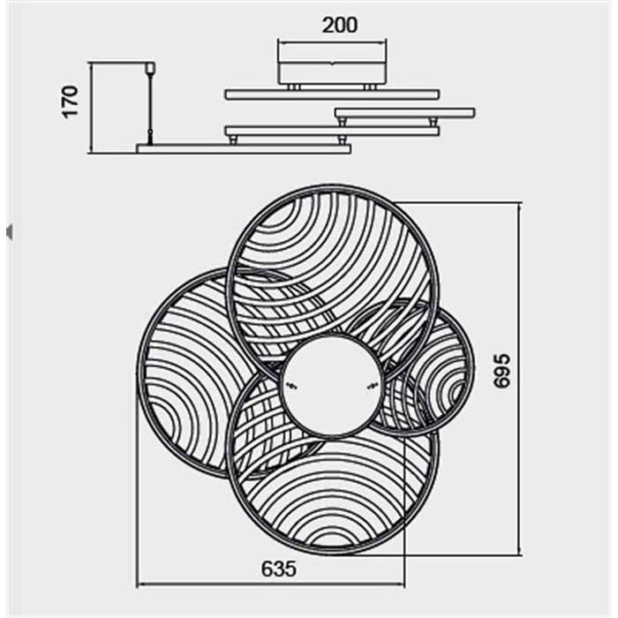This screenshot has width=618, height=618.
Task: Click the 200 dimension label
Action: [340, 25]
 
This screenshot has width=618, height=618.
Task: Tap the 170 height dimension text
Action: [72, 102]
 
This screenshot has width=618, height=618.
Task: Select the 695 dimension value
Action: [502, 371]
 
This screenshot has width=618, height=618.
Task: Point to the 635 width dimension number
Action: [279, 569]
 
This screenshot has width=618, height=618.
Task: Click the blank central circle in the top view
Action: [332, 385]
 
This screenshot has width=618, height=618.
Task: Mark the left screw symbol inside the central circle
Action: [291, 387]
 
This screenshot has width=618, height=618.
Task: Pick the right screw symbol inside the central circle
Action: [372, 387]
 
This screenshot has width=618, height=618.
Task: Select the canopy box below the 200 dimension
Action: [332, 72]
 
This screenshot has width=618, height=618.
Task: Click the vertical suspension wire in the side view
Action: [149, 107]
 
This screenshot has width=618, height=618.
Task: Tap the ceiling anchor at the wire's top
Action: [149, 67]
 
